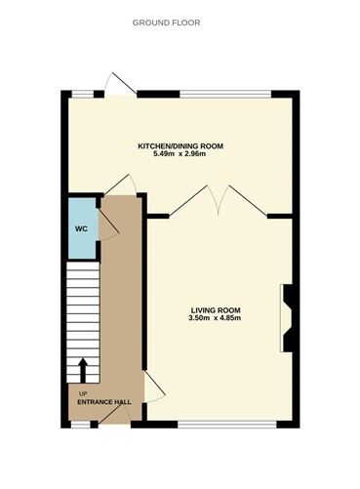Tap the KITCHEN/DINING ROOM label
coord(180,145)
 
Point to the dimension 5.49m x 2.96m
coord(180,154)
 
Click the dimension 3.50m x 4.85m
coord(216,319)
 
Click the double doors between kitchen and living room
coord(220,200)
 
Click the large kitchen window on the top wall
coord(225,94)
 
